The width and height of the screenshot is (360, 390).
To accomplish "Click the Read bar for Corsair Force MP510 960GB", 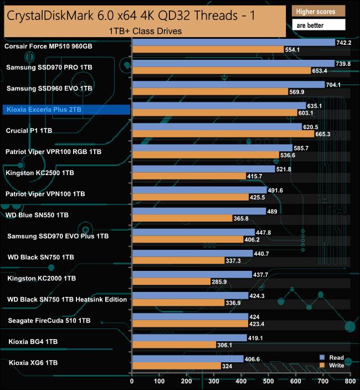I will (233, 43).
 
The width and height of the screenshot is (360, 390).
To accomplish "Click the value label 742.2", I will (344, 43).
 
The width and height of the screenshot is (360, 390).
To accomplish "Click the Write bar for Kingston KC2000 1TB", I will (172, 281).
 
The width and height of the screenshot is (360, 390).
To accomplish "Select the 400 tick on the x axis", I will (241, 381).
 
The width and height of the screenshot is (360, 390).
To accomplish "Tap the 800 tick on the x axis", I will (349, 381).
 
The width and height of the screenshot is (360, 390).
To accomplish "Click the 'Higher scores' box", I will (318, 12).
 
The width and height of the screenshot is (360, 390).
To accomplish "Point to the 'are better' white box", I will (318, 25).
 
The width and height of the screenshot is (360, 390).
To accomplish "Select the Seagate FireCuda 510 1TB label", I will (49, 320).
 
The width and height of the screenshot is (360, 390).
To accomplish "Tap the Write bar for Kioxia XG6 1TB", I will (176, 366).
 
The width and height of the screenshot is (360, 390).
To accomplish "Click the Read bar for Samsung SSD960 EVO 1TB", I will (228, 85).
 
